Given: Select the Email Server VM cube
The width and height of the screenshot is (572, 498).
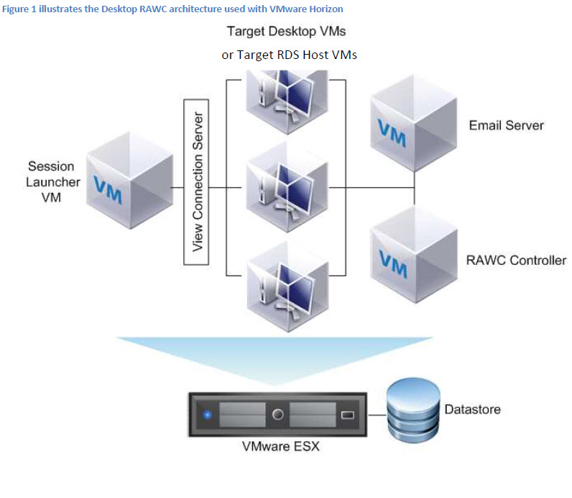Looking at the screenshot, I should pos(412,122).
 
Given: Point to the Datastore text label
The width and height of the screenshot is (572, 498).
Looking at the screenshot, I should pos(472,409).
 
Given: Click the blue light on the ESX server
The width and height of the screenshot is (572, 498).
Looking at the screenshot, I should pos(208,415).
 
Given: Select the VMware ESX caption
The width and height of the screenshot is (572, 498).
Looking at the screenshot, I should pos(280,447).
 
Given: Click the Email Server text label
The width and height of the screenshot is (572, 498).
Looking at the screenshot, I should pos(506,125).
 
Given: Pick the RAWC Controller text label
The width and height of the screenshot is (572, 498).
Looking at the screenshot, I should pos(517,260).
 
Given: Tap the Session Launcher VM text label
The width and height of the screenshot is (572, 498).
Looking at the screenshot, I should pos(50,181).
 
